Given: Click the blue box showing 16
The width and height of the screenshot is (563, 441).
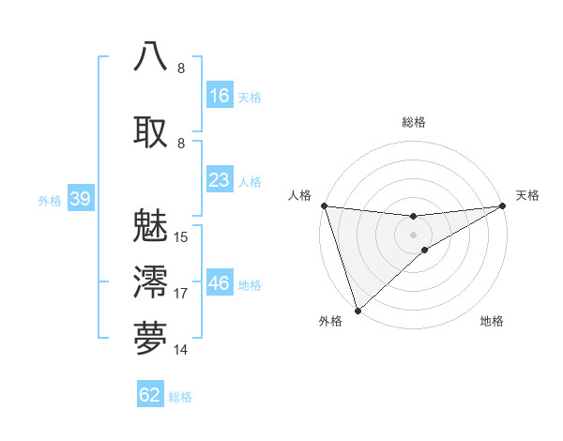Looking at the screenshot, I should [220, 96].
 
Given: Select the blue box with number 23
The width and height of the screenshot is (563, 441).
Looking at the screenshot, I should [220, 180].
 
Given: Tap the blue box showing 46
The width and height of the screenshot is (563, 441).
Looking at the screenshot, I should [220, 283].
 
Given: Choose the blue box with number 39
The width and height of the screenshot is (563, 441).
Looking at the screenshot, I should [80, 200].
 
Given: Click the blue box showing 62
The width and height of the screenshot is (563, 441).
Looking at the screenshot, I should [150, 395].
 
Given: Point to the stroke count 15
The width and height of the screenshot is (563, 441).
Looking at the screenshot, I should [181, 237].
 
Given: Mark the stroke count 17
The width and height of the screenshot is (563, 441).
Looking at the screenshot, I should [181, 294].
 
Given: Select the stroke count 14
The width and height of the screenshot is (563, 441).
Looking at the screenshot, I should [181, 350].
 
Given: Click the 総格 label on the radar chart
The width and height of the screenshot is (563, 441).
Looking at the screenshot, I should [414, 122].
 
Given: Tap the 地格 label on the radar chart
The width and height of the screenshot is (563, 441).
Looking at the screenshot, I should [492, 322].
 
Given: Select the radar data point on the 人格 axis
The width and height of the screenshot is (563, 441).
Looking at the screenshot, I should [324, 205].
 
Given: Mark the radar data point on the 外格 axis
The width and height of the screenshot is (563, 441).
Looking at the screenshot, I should [358, 309].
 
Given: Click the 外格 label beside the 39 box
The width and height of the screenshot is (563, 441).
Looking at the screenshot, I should [49, 201].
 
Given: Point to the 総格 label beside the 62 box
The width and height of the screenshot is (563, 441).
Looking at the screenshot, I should [180, 396].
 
